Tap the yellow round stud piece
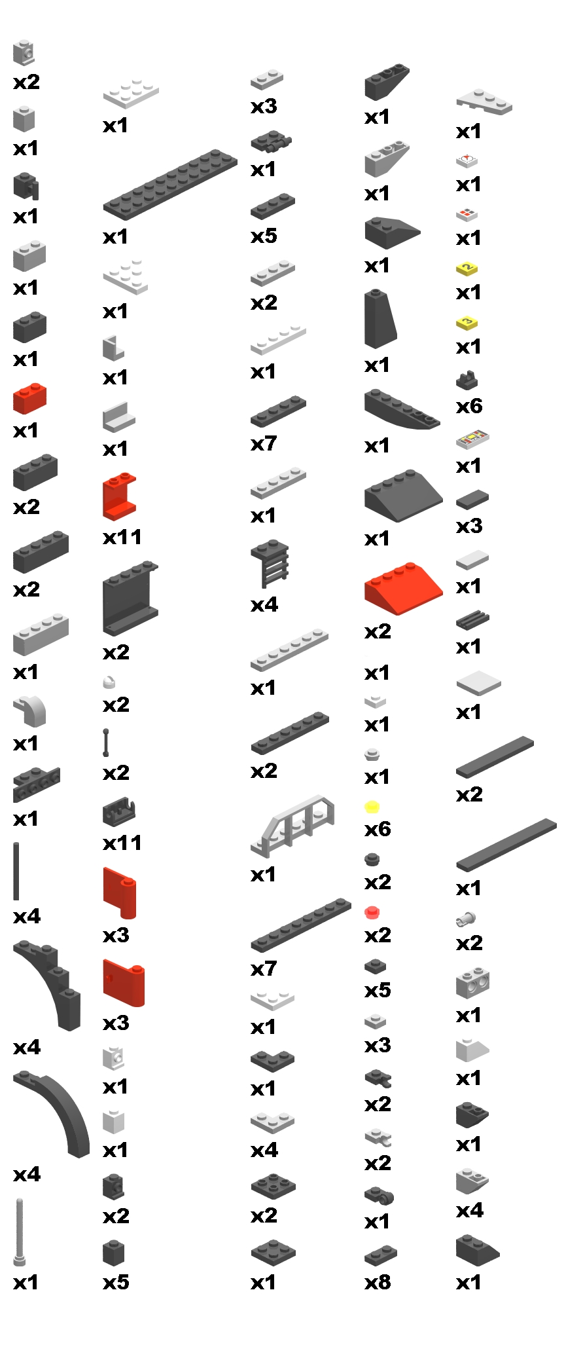pyautogui.click(x=372, y=807)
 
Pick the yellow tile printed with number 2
pyautogui.click(x=467, y=268)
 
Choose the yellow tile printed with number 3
pyautogui.click(x=467, y=322)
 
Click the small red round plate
pyautogui.click(x=372, y=912)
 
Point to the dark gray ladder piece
pyautogui.click(x=270, y=562)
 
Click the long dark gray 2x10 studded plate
pyautogui.click(x=169, y=184)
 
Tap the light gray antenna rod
pyautogui.click(x=20, y=1232)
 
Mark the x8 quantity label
pyautogui.click(x=378, y=1281)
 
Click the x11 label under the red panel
pyautogui.click(x=122, y=537)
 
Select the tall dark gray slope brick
pyautogui.click(x=380, y=319)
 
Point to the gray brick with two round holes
pyautogui.click(x=472, y=982)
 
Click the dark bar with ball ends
pyautogui.click(x=106, y=743)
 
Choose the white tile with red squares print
pyautogui.click(x=467, y=213)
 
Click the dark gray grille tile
pyautogui.click(x=472, y=619)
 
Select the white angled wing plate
pyautogui.click(x=484, y=101)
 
